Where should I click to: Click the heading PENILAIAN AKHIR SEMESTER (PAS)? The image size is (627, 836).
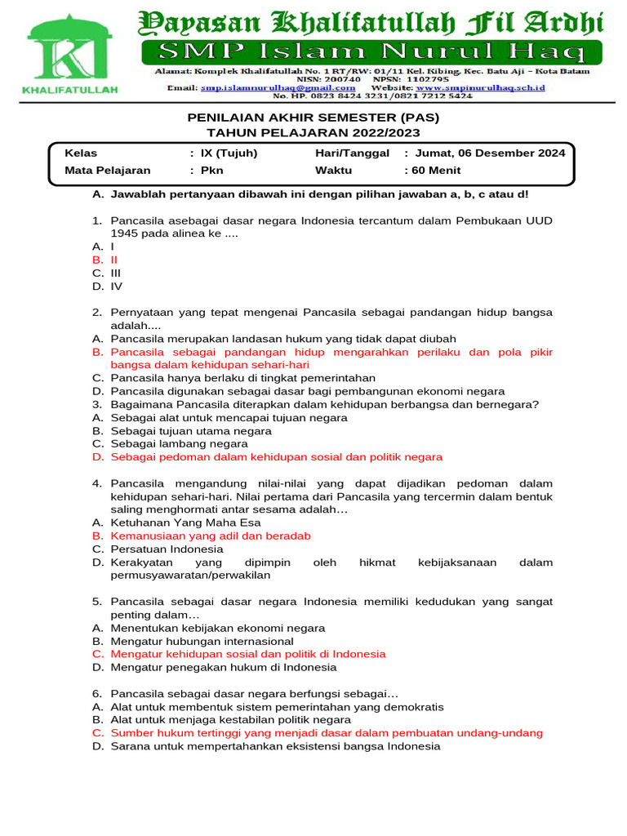[x=313, y=118]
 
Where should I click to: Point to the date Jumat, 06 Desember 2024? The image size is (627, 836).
[x=490, y=153]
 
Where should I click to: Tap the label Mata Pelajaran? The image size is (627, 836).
[x=108, y=171]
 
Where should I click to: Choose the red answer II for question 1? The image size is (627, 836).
[x=114, y=260]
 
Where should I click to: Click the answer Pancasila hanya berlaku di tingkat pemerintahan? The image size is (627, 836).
[x=242, y=378]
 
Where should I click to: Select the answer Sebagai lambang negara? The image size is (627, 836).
[x=179, y=443]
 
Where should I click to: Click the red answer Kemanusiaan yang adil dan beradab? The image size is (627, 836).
[x=211, y=536]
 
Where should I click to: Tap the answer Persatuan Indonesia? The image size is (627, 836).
[x=167, y=549]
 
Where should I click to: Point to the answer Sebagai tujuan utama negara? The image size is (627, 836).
[x=191, y=430]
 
